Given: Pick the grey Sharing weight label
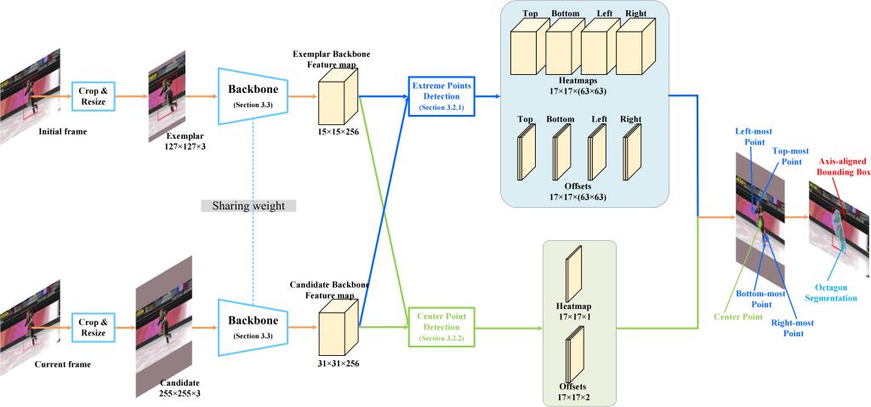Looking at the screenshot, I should [x=248, y=205].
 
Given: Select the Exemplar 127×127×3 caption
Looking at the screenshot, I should [x=174, y=140].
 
